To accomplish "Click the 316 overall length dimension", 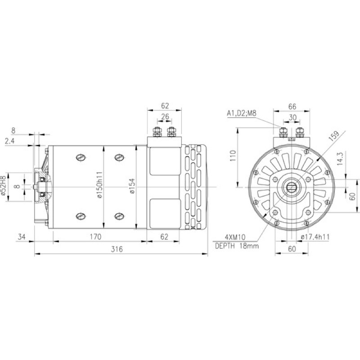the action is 117,249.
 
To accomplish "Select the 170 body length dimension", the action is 95,237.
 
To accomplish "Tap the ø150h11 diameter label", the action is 99,184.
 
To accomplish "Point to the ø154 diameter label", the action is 132,186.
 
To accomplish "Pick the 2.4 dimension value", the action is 9,141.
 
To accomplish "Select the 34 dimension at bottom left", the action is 22,237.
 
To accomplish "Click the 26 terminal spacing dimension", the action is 165,117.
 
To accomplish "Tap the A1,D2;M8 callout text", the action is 242,113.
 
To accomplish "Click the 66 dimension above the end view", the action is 292,107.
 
